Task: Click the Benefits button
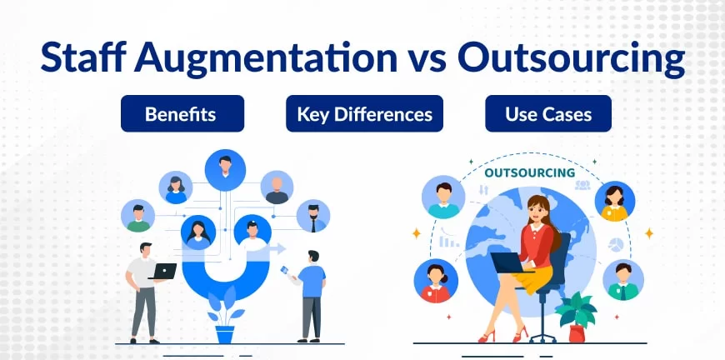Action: [x=182, y=113]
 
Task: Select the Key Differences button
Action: [x=364, y=113]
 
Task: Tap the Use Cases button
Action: [x=547, y=113]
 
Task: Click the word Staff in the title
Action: [x=83, y=57]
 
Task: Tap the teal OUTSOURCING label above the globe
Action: [x=529, y=173]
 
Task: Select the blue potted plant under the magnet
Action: [x=225, y=315]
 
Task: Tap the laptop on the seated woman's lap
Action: [x=507, y=262]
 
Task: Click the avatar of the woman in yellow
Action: [x=614, y=201]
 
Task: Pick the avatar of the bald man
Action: [x=277, y=187]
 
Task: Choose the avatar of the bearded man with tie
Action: [x=313, y=216]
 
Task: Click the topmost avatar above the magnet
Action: [x=225, y=170]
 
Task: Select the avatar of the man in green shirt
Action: [x=137, y=216]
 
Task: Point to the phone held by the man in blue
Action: [x=285, y=270]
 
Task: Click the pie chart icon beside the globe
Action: [x=616, y=244]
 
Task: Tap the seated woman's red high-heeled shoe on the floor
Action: [x=486, y=336]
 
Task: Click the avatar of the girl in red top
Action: [x=436, y=281]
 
